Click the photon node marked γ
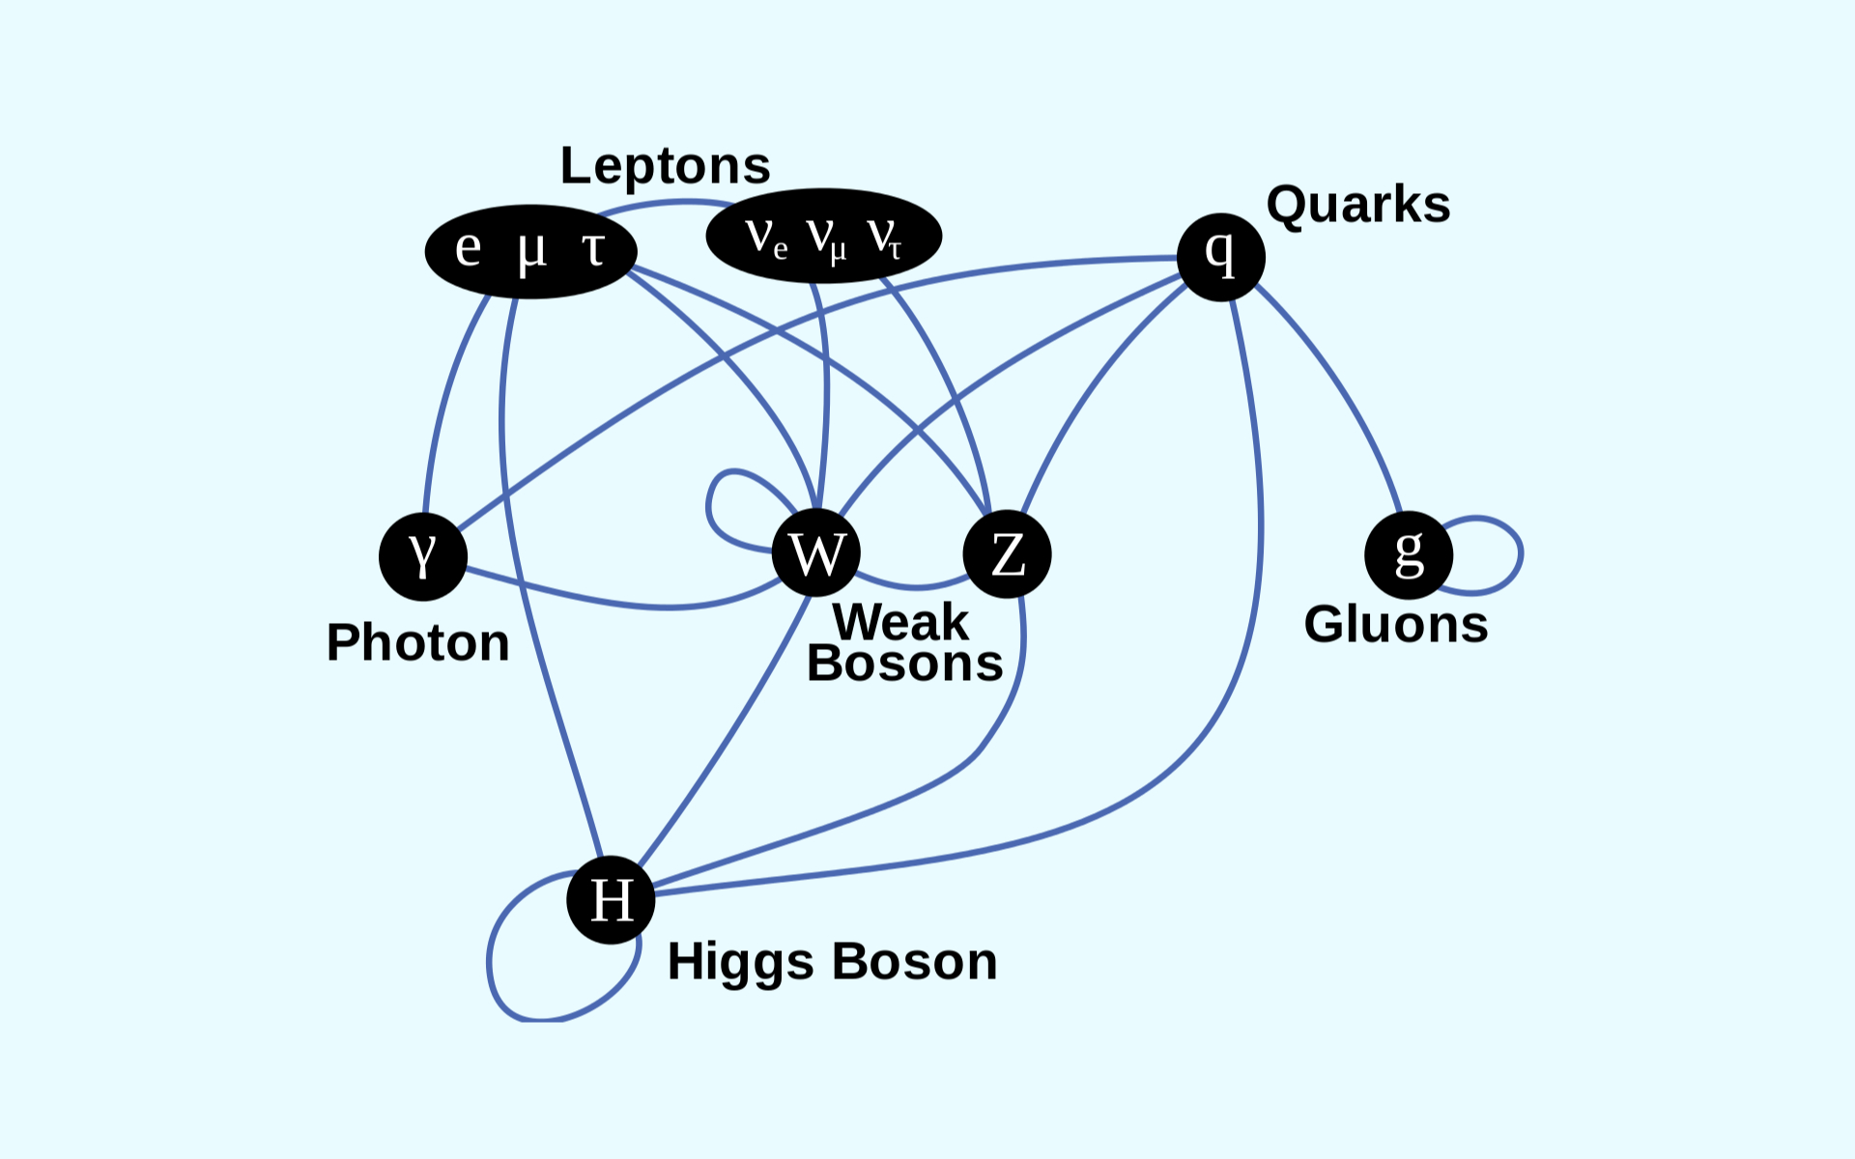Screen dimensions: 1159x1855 [x=423, y=556]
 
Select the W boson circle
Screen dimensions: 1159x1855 [x=816, y=553]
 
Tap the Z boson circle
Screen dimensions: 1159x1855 [x=1007, y=554]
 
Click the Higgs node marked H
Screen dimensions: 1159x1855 [x=611, y=900]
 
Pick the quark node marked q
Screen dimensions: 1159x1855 [x=1221, y=257]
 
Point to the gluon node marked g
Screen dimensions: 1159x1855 [x=1409, y=555]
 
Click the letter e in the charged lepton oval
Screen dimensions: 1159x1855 [x=469, y=247]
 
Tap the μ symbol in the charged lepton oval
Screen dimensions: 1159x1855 [x=531, y=251]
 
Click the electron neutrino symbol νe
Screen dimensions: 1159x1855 [x=766, y=236]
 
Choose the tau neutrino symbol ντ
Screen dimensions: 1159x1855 [x=884, y=236]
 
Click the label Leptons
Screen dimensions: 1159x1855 [x=665, y=165]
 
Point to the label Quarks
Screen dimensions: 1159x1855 [x=1357, y=205]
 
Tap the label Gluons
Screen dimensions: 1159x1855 [x=1395, y=624]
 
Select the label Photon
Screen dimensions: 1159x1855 [x=417, y=642]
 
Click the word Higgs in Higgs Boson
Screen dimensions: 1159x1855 [x=740, y=962]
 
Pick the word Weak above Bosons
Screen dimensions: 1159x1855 [x=899, y=622]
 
